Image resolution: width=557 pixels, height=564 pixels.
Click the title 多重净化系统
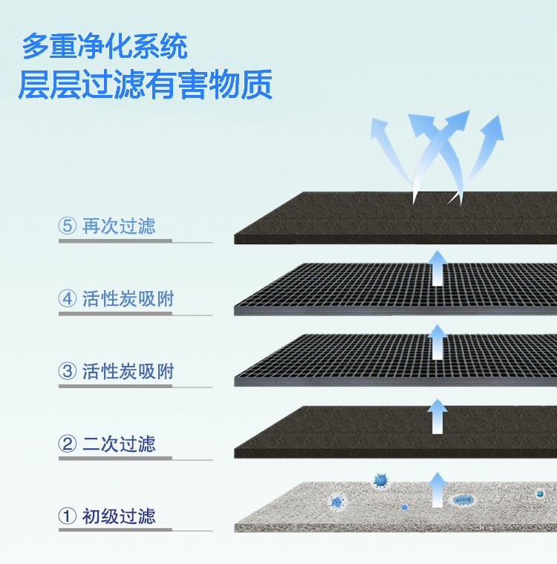[x=105, y=47]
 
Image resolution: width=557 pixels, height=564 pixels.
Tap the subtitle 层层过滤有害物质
[x=146, y=85]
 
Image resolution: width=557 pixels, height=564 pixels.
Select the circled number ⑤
[x=68, y=226]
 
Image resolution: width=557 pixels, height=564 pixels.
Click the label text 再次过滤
[x=119, y=226]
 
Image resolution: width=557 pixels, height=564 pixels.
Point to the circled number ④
[x=68, y=299]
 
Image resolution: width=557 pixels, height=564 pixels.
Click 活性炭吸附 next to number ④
[x=128, y=299]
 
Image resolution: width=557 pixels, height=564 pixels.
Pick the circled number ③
[x=68, y=371]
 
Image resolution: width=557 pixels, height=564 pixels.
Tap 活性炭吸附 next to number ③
[x=128, y=371]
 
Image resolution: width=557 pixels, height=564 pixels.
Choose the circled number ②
[x=68, y=444]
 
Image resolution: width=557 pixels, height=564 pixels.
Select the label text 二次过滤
[x=119, y=444]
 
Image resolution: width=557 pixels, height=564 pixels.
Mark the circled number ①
[x=68, y=516]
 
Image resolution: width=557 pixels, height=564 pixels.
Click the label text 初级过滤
[x=119, y=516]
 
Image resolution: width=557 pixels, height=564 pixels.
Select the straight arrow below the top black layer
[x=438, y=269]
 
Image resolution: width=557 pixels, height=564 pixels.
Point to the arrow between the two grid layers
[x=438, y=341]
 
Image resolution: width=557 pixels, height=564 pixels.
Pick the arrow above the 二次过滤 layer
[x=438, y=416]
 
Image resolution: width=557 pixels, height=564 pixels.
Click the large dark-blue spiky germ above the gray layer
[x=381, y=480]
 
